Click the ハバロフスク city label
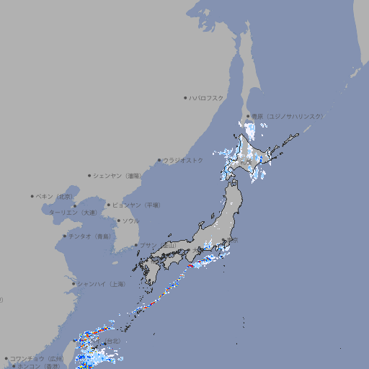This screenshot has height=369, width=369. (x=207, y=97)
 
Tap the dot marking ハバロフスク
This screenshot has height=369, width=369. (x=185, y=97)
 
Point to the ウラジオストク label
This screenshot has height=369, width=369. (x=183, y=160)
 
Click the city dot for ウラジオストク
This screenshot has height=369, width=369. (x=159, y=160)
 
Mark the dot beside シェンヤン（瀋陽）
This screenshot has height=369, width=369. (x=90, y=175)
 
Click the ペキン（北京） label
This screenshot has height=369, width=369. (x=55, y=196)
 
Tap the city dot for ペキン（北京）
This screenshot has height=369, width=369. (x=32, y=196)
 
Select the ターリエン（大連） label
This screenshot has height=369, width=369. (x=72, y=213)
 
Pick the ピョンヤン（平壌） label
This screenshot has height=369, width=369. (x=136, y=205)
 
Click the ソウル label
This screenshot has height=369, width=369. (x=130, y=221)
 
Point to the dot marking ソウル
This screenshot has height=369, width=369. (x=117, y=221)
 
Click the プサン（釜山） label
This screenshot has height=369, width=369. (x=157, y=246)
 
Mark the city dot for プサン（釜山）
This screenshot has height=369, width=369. (x=135, y=245)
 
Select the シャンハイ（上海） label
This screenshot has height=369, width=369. (x=101, y=284)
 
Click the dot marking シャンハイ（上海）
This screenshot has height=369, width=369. (x=74, y=284)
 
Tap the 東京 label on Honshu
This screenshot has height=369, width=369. (x=234, y=240)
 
